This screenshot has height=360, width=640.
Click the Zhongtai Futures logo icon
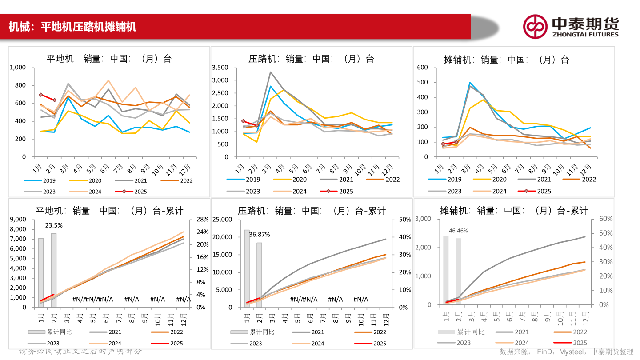tap(535, 26)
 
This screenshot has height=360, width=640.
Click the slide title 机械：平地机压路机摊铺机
tap(72, 27)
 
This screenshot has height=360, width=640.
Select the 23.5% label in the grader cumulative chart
tap(54, 225)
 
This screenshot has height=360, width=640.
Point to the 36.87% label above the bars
tap(260, 234)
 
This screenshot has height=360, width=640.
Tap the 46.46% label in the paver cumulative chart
tap(458, 231)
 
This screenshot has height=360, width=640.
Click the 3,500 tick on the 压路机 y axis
tap(220, 68)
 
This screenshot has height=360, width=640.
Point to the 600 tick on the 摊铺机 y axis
tap(422, 68)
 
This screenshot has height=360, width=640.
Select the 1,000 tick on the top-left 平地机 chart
tap(18, 68)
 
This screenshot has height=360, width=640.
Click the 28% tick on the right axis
tap(202, 220)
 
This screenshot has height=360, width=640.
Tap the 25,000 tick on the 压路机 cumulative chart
tap(223, 220)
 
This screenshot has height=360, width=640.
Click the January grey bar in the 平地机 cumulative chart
tap(41, 272)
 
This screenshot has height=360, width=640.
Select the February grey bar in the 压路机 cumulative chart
tap(259, 275)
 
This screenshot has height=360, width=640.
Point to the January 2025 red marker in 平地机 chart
tap(41, 95)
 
